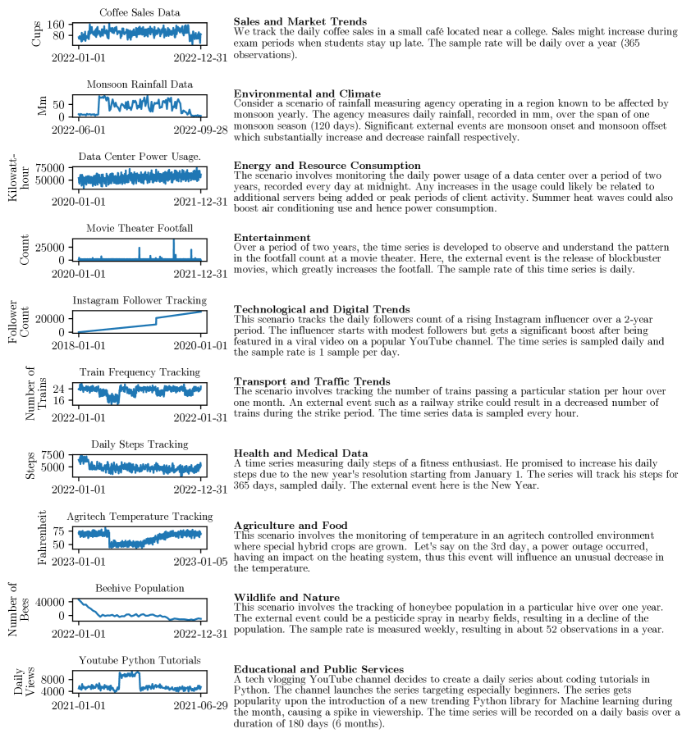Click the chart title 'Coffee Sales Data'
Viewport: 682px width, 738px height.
pyautogui.click(x=140, y=12)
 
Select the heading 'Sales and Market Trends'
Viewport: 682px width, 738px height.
pyautogui.click(x=300, y=21)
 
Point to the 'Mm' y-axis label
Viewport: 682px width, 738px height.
pyautogui.click(x=43, y=106)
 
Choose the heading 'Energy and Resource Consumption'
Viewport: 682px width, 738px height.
pyautogui.click(x=327, y=166)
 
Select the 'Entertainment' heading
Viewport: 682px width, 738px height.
pyautogui.click(x=272, y=238)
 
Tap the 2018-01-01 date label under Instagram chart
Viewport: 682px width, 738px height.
pyautogui.click(x=79, y=345)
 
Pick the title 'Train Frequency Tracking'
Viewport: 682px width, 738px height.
pyautogui.click(x=140, y=372)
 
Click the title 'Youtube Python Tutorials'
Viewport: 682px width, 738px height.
pyautogui.click(x=140, y=660)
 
